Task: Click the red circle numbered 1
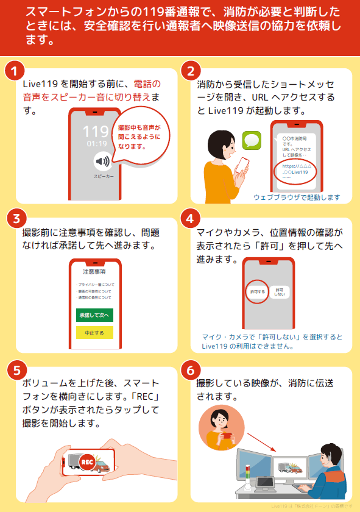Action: click(14, 71)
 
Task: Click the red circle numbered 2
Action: click(191, 71)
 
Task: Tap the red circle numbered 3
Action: click(14, 218)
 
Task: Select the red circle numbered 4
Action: click(191, 218)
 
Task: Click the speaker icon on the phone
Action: click(102, 162)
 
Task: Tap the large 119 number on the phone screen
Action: click(96, 132)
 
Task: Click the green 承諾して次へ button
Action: click(94, 315)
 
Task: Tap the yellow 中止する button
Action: click(94, 333)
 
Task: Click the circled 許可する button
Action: click(258, 292)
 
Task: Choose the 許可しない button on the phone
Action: click(280, 292)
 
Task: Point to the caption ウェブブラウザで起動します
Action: click(296, 197)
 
